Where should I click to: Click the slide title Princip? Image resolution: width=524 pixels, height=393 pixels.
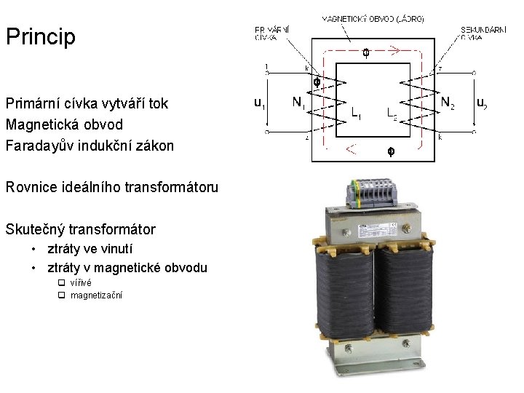41,36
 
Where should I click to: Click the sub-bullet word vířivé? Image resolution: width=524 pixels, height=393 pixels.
81,282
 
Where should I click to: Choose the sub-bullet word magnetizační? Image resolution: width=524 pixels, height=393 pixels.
96,295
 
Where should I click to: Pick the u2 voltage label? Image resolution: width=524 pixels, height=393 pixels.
481,103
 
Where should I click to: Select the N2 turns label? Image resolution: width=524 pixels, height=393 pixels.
448,103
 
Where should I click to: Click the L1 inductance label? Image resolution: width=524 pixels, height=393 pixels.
357,114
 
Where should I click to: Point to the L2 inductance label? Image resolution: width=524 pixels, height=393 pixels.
392,114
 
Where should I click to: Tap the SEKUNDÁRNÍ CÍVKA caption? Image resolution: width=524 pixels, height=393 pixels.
483,33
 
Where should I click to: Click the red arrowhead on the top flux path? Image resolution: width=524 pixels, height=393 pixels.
394,51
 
